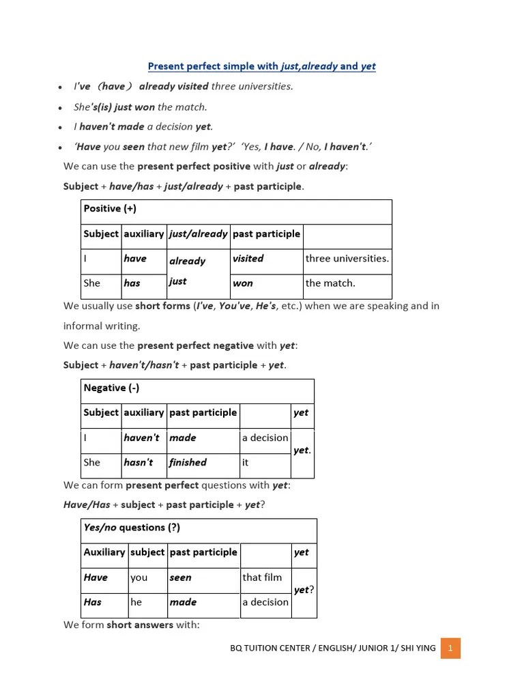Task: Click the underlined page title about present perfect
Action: pos(262,66)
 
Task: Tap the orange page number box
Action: pos(450,648)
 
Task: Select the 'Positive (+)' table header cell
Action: pos(236,212)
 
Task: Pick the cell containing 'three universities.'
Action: pos(347,259)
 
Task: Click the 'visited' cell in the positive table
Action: pos(266,259)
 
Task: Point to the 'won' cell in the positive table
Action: pos(266,284)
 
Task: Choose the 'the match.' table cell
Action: pos(347,284)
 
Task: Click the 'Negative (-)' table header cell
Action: pos(197,391)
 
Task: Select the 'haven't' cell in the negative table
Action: pos(144,438)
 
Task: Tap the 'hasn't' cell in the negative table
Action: pos(144,463)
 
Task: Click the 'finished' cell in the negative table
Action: pos(203,463)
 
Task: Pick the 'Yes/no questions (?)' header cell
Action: pos(199,530)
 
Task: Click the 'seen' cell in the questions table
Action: pos(203,577)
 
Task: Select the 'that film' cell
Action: pos(265,577)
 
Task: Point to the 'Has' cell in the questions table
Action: pos(104,602)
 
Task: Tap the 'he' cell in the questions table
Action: pos(147,602)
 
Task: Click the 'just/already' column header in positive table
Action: pos(198,234)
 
